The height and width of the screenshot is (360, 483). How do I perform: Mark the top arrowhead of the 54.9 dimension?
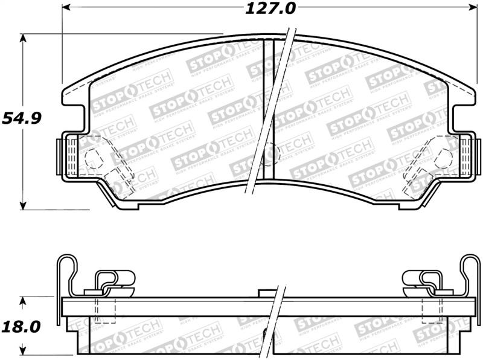[24, 38]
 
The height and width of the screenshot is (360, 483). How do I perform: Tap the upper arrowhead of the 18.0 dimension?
[24, 301]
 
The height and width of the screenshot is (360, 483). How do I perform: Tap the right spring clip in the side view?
[422, 281]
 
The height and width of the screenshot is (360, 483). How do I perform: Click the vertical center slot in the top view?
[269, 109]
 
